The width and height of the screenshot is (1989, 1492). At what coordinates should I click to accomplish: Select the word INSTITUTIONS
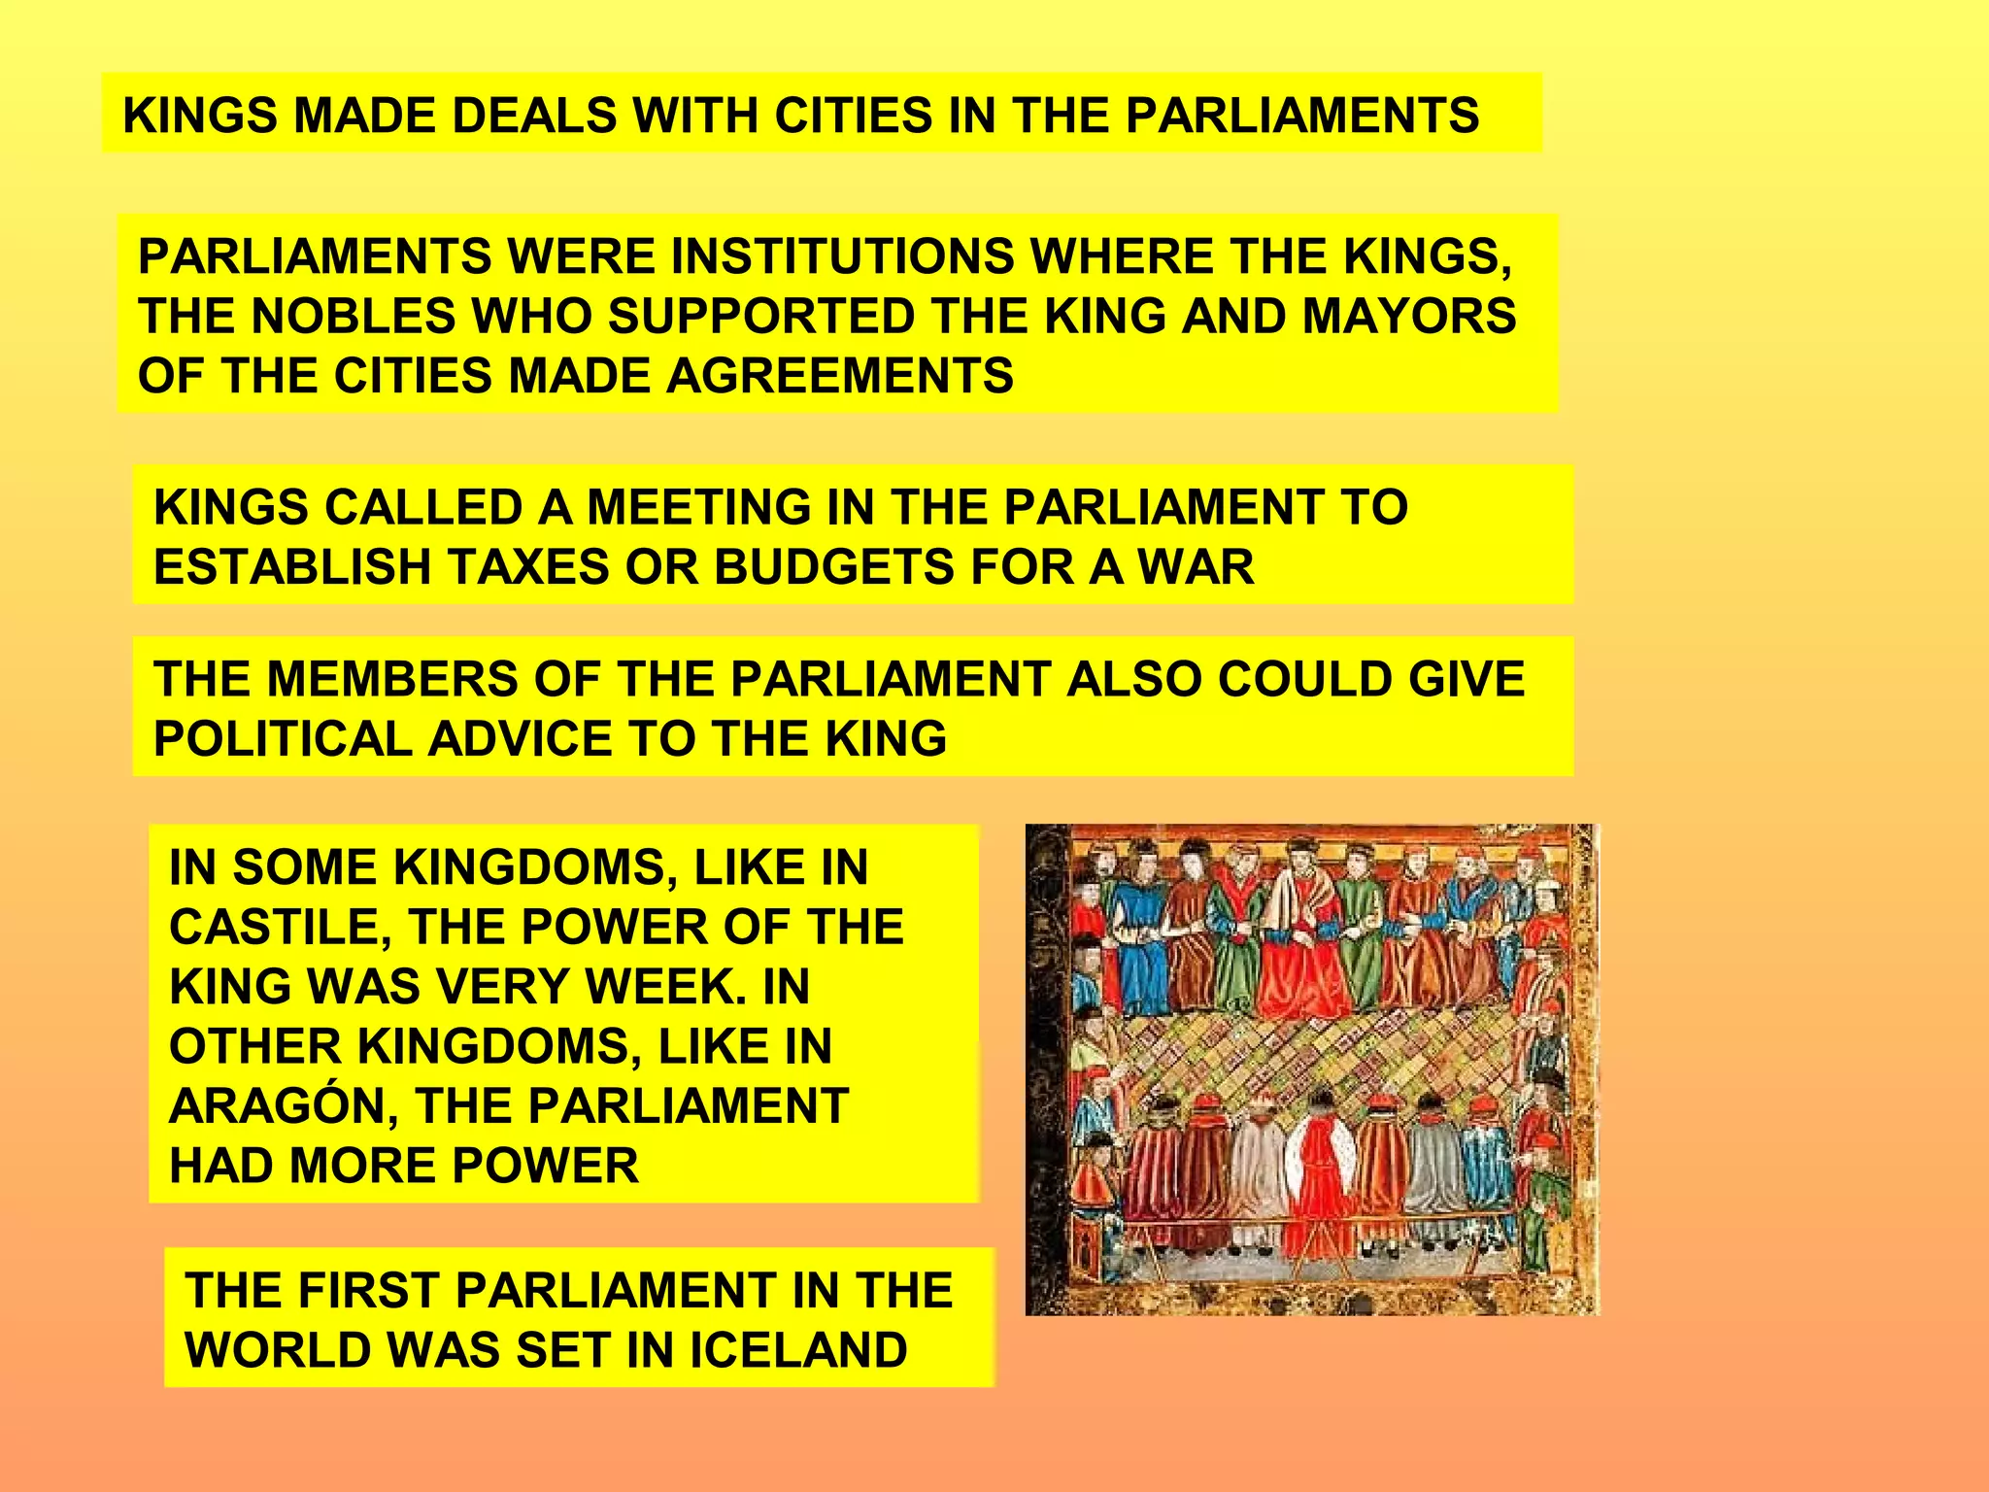tap(838, 257)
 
